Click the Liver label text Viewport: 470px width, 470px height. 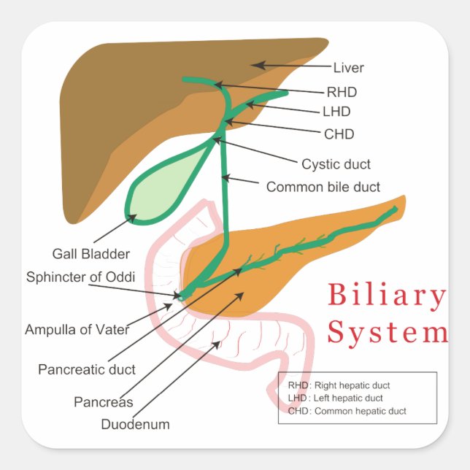348,69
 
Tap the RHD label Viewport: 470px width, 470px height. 341,92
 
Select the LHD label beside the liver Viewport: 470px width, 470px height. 336,112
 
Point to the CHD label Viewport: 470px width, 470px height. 339,134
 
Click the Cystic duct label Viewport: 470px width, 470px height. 336,164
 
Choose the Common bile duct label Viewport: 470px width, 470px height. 323,187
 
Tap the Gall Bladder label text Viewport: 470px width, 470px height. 91,254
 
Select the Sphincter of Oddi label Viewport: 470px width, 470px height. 80,277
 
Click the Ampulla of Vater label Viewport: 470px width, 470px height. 77,329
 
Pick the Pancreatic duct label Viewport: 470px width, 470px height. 87,369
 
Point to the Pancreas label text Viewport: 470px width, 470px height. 103,402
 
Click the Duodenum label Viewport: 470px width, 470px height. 135,424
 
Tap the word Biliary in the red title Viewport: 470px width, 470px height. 386,296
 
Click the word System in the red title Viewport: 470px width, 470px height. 387,332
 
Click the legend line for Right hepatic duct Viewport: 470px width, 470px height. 339,385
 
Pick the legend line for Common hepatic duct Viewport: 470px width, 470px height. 347,411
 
